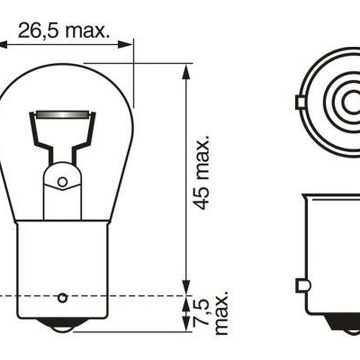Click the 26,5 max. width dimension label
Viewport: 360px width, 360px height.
click(x=64, y=30)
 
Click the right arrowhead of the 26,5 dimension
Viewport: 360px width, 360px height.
click(x=125, y=45)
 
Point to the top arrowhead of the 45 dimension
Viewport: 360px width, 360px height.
click(x=186, y=72)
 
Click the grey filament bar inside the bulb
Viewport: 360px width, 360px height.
click(x=62, y=115)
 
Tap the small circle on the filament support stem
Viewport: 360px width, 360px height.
click(x=62, y=182)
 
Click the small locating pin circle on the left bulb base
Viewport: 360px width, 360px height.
click(x=62, y=298)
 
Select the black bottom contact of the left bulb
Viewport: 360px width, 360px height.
click(x=62, y=325)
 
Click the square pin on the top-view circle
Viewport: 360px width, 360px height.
click(x=300, y=102)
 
